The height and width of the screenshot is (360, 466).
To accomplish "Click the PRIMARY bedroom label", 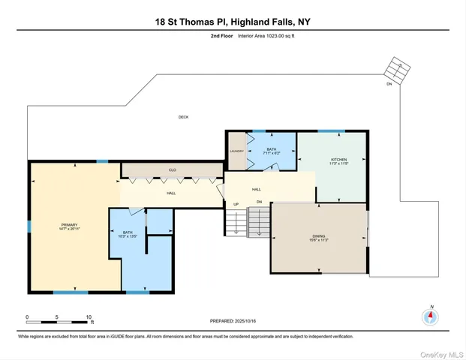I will pos(69,225).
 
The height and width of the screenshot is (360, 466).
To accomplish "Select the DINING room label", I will pos(318,238).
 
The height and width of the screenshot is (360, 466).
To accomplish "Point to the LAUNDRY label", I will pos(236,151).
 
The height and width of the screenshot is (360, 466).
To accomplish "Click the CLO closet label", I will pos(172,169).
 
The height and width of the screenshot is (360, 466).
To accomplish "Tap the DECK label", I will pos(183,117).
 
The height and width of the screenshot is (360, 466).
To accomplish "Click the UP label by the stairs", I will pos(236,204).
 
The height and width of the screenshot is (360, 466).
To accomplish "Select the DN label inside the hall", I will pos(259,202).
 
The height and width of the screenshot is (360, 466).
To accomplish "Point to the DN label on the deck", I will pos(389,84).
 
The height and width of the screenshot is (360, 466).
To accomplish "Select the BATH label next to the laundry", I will pos(271,149).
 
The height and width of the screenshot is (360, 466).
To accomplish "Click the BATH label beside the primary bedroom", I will pos(128,233).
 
